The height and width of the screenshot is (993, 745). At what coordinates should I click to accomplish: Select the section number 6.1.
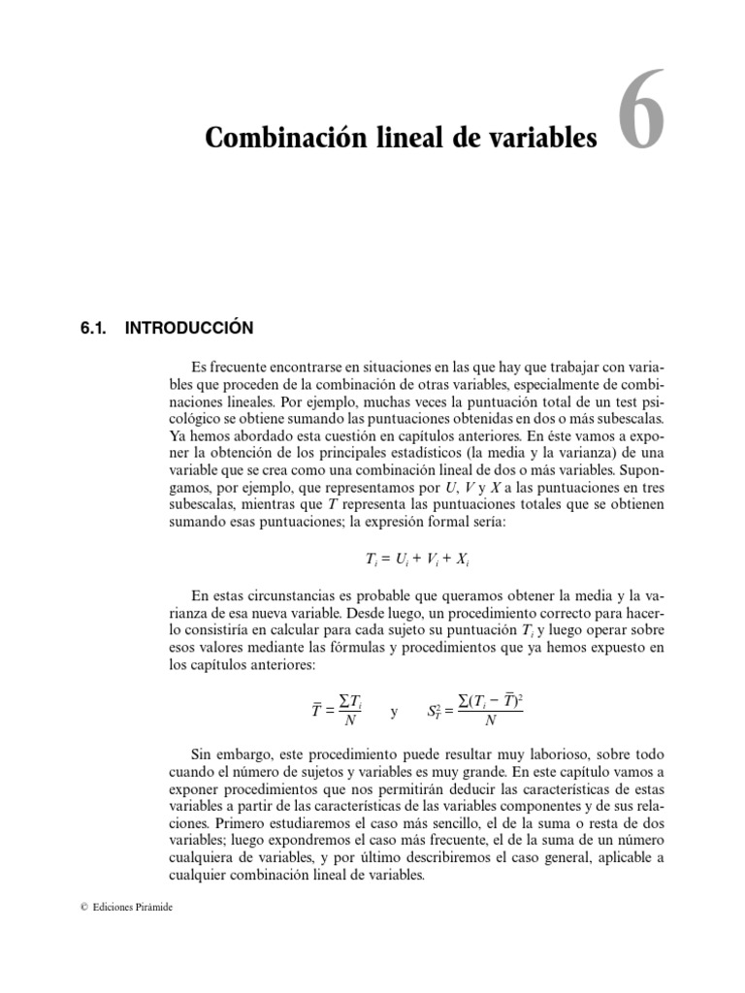pyautogui.click(x=94, y=329)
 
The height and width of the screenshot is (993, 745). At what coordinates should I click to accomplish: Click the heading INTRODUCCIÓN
pyautogui.click(x=189, y=329)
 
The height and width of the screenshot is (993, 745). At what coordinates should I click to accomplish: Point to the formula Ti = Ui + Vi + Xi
pyautogui.click(x=409, y=560)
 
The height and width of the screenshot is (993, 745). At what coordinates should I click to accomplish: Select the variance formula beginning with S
pyautogui.click(x=474, y=711)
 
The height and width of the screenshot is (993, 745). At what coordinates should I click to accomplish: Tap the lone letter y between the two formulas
pyautogui.click(x=393, y=712)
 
